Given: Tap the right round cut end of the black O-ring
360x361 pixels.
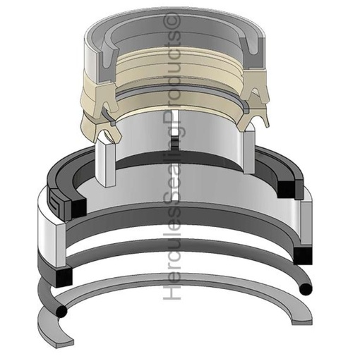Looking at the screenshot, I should tap(304, 288).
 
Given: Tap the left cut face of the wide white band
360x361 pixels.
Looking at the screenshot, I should tap(50, 240).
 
